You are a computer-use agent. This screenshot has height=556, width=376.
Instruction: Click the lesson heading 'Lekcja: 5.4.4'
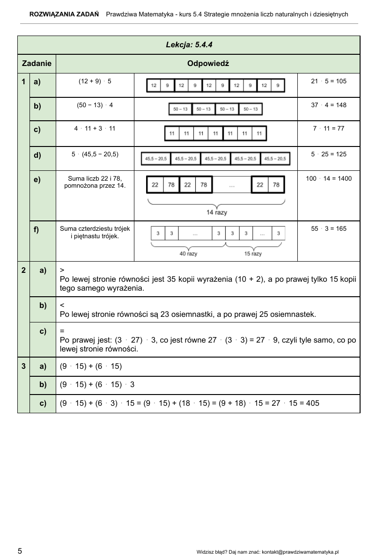[x=189, y=45]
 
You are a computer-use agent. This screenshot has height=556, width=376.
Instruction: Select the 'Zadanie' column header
[x=37, y=64]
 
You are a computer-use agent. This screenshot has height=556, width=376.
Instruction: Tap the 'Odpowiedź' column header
[x=208, y=64]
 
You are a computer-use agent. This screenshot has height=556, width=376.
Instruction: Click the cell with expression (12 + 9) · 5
[x=95, y=81]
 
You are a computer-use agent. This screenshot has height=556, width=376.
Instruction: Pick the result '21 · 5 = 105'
[x=329, y=81]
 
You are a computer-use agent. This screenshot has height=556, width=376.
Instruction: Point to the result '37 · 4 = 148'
[x=329, y=105]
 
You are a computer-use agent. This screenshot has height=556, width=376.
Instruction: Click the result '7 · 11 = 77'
[x=329, y=128]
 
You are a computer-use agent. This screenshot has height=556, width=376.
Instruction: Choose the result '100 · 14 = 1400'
[x=329, y=178]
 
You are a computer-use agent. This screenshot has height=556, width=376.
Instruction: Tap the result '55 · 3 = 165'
[x=329, y=229]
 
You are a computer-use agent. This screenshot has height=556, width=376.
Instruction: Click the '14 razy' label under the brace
[x=216, y=212]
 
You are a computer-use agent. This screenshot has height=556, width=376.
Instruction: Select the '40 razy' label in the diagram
[x=188, y=254]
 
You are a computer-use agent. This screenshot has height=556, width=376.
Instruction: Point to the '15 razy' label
[x=253, y=254]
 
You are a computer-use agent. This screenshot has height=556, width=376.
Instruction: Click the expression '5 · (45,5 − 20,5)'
[x=95, y=154]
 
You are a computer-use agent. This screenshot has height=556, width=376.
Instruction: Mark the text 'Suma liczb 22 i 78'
[x=95, y=178]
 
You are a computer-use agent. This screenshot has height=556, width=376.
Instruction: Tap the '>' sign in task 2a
[x=62, y=270]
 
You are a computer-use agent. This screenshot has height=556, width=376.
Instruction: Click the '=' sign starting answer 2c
[x=62, y=330]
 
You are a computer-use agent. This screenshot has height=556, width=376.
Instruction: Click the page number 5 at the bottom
[x=20, y=551]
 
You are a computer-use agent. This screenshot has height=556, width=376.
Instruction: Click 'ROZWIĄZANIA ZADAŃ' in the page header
[x=64, y=14]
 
